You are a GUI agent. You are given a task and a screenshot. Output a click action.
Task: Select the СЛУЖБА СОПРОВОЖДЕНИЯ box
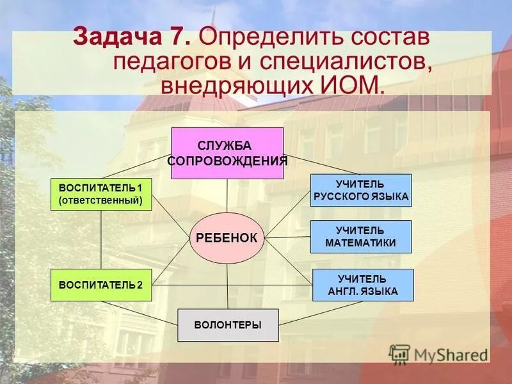227,153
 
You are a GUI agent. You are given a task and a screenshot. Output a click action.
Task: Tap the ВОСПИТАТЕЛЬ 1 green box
101,195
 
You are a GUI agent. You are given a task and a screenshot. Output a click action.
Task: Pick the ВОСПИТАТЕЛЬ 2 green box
101,285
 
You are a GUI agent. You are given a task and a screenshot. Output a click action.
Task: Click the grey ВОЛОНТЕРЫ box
228,325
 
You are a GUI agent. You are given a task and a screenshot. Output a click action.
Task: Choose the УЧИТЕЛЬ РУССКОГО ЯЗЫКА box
361,190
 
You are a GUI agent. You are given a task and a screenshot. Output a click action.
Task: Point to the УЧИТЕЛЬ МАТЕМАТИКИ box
361,237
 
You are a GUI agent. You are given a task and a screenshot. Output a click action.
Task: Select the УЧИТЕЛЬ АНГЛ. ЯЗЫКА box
363,285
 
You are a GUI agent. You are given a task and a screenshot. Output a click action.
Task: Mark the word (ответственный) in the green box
101,200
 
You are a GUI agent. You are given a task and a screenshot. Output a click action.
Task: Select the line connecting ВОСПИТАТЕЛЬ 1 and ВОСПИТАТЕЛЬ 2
101,240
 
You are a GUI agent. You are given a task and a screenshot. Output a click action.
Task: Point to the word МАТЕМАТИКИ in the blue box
361,243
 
